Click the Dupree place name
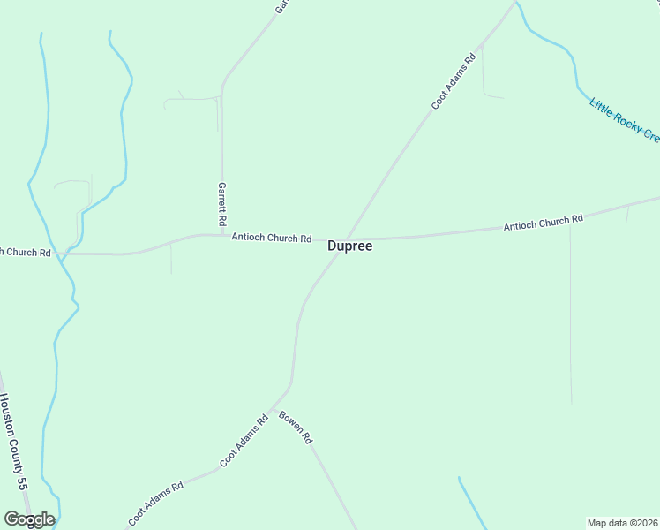coord(349,246)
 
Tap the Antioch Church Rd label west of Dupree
coord(271,238)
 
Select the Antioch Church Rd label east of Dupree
coord(543,223)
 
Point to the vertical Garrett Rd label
coord(222,202)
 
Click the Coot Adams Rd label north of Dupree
coord(454,81)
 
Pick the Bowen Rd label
coord(296,428)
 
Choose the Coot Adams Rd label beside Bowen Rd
coord(244,442)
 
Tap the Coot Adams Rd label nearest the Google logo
coord(155,503)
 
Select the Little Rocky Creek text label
coord(624,119)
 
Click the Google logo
coord(29,519)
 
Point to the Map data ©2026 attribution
coord(623,522)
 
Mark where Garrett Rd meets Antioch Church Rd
coord(221,235)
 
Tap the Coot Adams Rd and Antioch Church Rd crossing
coord(347,238)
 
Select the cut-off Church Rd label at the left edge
coord(26,252)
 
